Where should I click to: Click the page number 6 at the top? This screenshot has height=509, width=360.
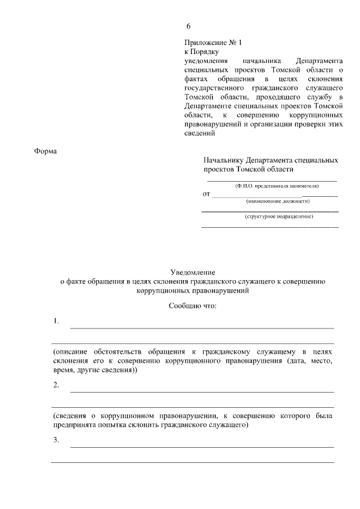(x=189, y=26)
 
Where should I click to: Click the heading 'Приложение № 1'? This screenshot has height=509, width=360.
(x=213, y=43)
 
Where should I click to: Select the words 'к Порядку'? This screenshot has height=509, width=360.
(x=201, y=52)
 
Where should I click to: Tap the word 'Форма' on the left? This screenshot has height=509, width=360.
(x=46, y=151)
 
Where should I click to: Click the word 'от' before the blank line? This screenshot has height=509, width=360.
(x=206, y=194)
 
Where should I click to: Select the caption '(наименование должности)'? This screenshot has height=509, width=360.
(x=278, y=201)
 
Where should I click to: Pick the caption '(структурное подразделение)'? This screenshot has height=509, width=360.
(x=278, y=217)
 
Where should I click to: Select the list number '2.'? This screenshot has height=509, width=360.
(x=56, y=385)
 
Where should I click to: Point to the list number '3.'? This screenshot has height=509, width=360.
(x=56, y=440)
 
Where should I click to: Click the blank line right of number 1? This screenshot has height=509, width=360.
(x=201, y=327)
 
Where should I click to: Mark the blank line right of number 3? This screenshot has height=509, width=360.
(x=201, y=447)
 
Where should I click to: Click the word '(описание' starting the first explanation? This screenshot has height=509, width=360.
(x=69, y=351)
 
